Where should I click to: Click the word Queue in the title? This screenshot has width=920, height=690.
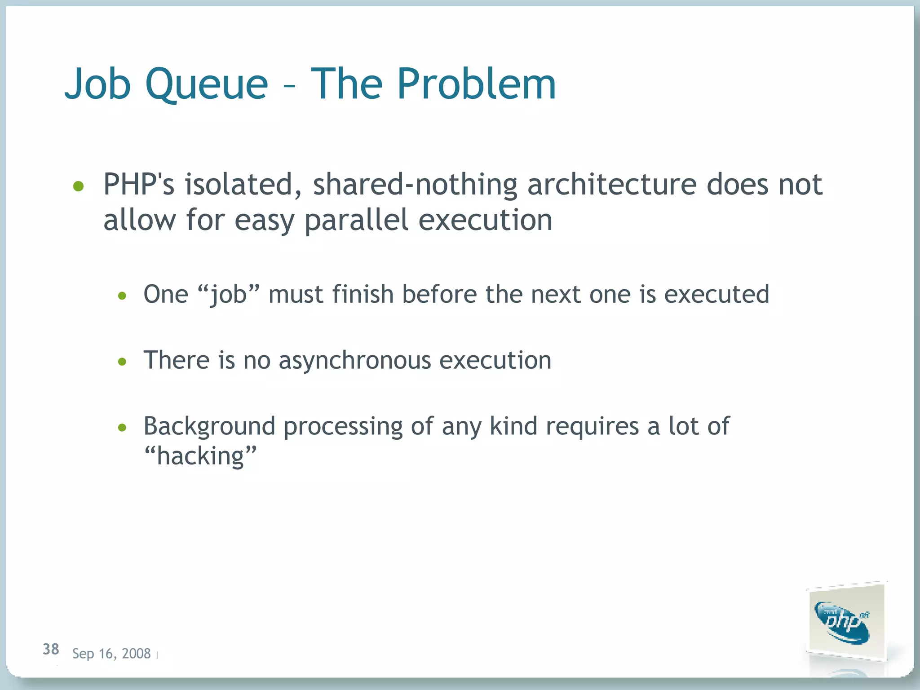(x=206, y=84)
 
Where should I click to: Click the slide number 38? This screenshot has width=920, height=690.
(x=51, y=649)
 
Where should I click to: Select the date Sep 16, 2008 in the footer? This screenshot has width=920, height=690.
(x=111, y=654)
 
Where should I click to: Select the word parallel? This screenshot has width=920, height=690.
(x=356, y=220)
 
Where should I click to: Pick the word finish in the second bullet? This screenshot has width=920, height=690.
(x=363, y=294)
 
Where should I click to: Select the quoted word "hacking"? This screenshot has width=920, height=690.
(x=200, y=456)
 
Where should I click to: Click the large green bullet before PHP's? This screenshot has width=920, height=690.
(x=79, y=186)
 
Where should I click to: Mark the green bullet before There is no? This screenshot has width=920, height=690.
(x=122, y=362)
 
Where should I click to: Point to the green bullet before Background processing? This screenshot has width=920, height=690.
(x=122, y=428)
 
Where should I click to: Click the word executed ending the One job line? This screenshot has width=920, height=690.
(x=717, y=294)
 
